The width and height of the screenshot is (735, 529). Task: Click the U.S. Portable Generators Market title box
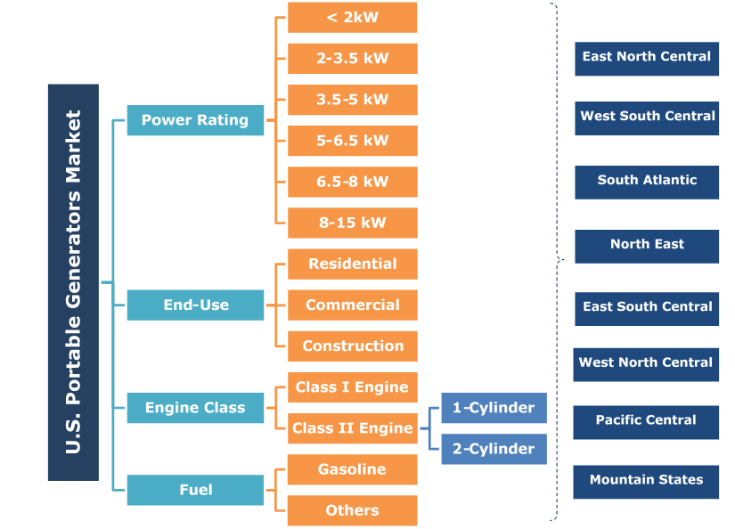coord(73,282)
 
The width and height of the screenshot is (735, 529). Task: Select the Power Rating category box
coord(195,120)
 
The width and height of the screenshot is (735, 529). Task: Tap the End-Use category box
coord(195,305)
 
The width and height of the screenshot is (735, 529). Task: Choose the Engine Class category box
coord(195,408)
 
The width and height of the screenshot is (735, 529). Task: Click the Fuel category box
coord(195,490)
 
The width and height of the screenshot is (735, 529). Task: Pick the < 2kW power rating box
coord(352,18)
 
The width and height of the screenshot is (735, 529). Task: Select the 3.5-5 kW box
coord(352,100)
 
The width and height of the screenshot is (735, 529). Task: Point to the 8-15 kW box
coord(352,223)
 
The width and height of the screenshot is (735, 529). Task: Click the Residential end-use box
coord(352,264)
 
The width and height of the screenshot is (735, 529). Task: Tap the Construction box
coord(352,346)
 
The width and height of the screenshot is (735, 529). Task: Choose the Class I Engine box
coord(352,387)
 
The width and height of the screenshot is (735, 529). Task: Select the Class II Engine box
coord(352,428)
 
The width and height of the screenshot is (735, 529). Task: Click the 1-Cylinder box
coord(494,408)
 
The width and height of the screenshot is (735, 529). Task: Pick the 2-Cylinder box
coord(494,449)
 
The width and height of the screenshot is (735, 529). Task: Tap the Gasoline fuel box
coord(352,469)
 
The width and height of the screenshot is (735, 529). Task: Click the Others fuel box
coord(352,510)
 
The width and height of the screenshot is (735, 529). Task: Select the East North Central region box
coord(646,58)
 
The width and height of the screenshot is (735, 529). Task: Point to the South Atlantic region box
coord(646,181)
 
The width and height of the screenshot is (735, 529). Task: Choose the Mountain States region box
coord(646,481)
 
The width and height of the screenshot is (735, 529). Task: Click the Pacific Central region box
coord(646,421)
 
